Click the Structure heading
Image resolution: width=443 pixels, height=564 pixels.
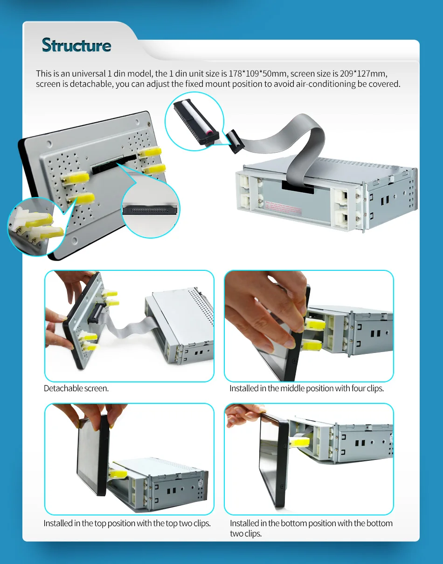(76, 45)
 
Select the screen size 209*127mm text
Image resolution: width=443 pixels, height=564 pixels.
(363, 74)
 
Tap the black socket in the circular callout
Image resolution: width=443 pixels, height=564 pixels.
(150, 210)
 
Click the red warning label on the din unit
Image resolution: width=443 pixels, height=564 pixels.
(283, 208)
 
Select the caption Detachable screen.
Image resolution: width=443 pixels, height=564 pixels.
(76, 388)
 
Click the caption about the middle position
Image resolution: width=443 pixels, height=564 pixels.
(306, 388)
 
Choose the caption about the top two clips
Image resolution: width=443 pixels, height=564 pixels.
(127, 523)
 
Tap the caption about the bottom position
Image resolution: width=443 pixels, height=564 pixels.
(311, 528)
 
